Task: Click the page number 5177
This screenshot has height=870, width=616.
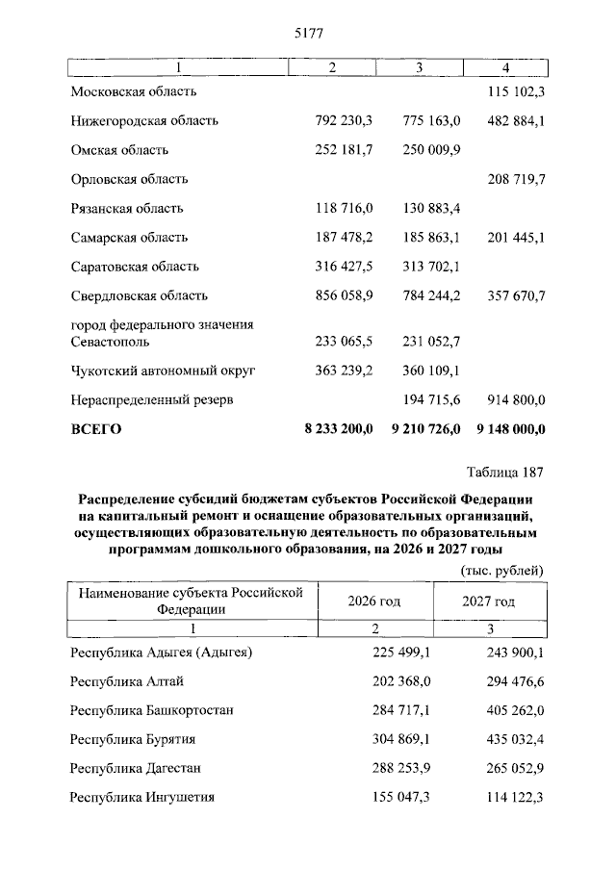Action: point(307,33)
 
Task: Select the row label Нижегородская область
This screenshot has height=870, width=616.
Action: point(144,120)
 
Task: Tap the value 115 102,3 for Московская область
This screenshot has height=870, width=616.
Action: point(512,91)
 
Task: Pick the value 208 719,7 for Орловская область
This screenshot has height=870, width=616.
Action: point(512,179)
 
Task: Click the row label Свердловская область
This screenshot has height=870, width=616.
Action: point(140,295)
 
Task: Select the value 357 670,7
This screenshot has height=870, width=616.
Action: point(512,295)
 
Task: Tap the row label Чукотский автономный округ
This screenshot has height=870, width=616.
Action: point(163,370)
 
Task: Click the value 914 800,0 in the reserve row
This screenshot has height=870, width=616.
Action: point(512,398)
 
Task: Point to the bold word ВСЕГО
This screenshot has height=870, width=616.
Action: point(96,428)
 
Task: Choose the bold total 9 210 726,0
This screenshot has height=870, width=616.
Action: point(426,428)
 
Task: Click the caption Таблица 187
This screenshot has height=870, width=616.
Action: point(505,473)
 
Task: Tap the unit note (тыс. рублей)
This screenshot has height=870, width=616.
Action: point(499,570)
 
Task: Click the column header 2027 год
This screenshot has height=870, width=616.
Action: point(488,601)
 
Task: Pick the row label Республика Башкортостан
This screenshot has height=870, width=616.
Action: point(152,710)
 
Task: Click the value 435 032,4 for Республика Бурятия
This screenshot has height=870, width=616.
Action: point(512,739)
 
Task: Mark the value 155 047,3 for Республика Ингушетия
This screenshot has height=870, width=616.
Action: point(402,798)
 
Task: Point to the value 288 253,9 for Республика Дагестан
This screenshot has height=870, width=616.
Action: point(402,768)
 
